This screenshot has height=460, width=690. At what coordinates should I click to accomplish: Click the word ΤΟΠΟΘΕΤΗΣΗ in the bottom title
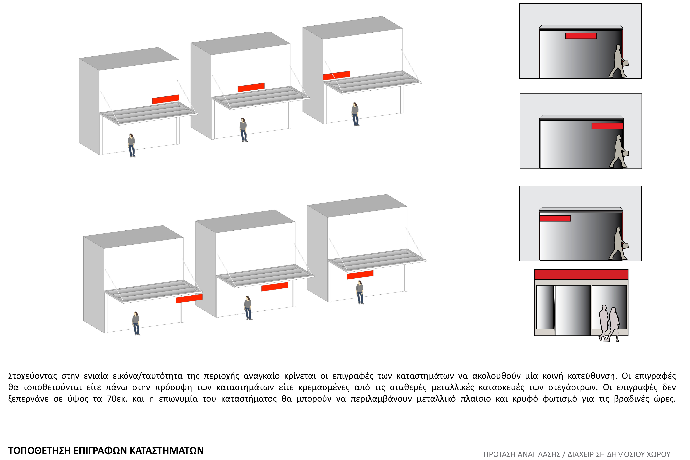click(39, 450)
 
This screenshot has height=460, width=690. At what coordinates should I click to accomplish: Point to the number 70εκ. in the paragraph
click(117, 399)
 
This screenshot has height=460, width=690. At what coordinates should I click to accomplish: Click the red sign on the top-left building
click(166, 99)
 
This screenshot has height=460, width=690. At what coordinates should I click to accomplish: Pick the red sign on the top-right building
click(336, 75)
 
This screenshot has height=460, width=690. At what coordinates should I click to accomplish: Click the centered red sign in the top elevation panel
click(581, 36)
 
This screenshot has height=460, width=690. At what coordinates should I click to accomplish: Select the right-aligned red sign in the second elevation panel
click(607, 126)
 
